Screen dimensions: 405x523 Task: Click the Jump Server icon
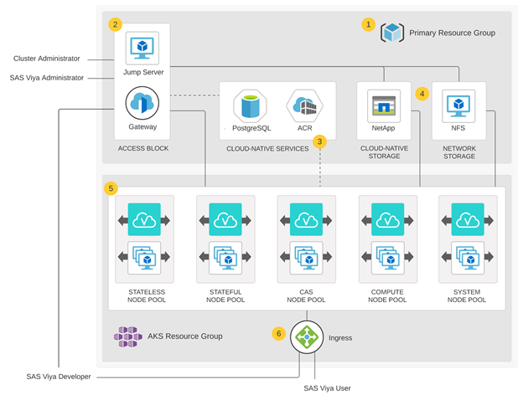click(x=142, y=49)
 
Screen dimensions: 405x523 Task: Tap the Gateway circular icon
click(x=142, y=104)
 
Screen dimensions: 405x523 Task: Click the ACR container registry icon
click(x=305, y=105)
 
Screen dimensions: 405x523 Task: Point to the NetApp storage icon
click(x=384, y=106)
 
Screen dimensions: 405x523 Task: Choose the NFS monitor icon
click(x=458, y=105)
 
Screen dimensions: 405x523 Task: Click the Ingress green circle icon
click(x=306, y=337)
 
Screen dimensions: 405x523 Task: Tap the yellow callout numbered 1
click(x=367, y=24)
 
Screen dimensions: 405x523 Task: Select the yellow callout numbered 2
click(x=115, y=24)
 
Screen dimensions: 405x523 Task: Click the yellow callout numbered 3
click(x=320, y=141)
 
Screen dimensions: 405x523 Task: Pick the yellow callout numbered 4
click(x=422, y=94)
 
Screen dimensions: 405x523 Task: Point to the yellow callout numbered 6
click(x=279, y=332)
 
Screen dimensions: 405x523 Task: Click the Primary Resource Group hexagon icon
click(x=392, y=33)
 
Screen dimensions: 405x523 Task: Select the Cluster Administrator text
click(x=47, y=59)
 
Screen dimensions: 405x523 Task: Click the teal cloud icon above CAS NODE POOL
click(x=306, y=220)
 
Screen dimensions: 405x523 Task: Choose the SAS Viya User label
click(x=330, y=388)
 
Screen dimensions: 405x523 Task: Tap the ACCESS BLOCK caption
click(x=143, y=148)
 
